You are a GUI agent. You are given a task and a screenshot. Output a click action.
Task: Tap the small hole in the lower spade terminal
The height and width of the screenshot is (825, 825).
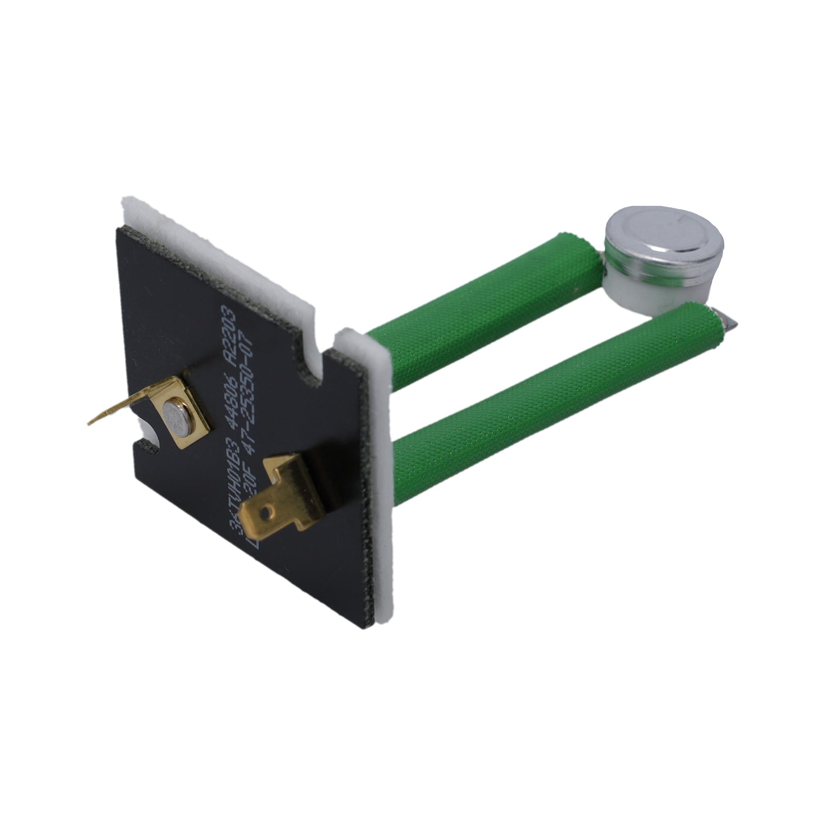[x=268, y=510]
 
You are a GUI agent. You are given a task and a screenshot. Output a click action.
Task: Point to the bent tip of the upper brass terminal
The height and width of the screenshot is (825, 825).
[x=92, y=423]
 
